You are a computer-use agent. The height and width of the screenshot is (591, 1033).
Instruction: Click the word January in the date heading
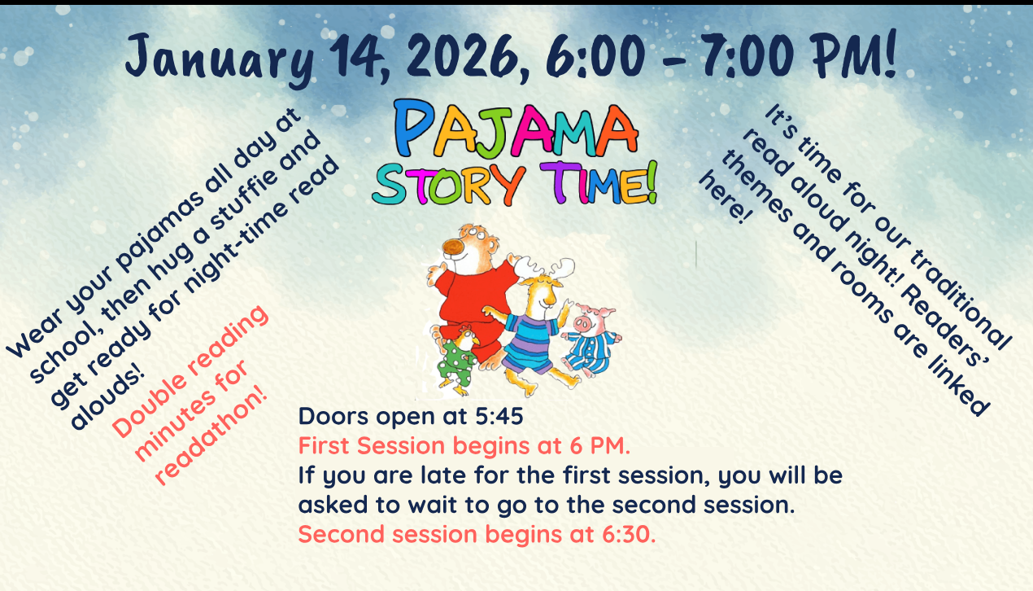[x=220, y=60]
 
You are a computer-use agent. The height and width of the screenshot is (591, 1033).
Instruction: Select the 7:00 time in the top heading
[x=747, y=55]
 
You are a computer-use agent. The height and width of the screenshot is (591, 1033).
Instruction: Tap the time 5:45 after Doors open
[x=499, y=416]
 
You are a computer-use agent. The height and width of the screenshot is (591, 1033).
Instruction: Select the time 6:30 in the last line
[x=629, y=534]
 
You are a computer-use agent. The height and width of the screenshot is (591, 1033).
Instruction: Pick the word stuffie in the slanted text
[x=243, y=202]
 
